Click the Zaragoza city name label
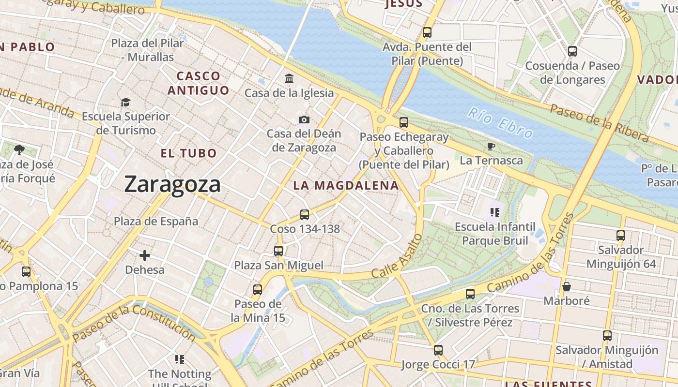tap(172, 184)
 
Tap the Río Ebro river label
tap(501, 123)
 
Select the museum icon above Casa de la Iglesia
tap(289, 78)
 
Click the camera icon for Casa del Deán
tap(304, 119)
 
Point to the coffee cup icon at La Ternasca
tap(491, 146)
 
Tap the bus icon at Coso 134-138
tap(305, 214)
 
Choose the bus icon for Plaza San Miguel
tap(278, 251)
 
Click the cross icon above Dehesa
tap(145, 255)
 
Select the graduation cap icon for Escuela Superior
tap(126, 102)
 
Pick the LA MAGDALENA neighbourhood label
tap(346, 185)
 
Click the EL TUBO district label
tap(189, 153)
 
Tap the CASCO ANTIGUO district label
tap(199, 83)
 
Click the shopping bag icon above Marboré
tap(567, 286)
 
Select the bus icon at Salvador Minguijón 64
tap(621, 236)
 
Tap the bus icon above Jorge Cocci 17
tap(438, 350)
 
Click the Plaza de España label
tap(156, 221)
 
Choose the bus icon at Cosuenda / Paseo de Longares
tap(572, 51)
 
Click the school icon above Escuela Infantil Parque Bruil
tap(494, 212)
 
